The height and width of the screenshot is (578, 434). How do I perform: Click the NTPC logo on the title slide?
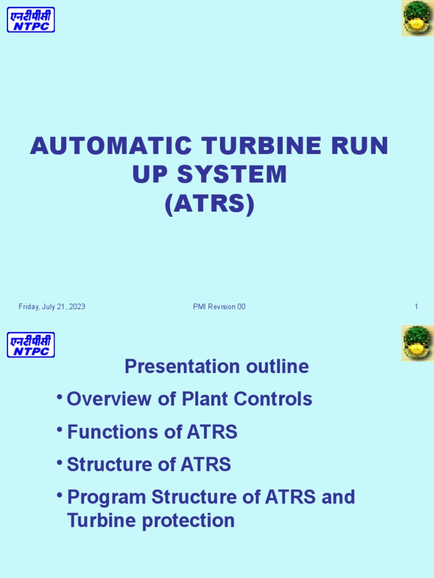pos(31,20)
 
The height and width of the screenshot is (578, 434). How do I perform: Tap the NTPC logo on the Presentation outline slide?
pos(31,345)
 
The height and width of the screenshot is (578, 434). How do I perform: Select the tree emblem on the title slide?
pos(418,18)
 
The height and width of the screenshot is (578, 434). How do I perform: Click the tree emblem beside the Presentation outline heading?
pos(418,343)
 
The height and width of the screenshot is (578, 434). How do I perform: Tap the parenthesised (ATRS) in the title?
pos(210,204)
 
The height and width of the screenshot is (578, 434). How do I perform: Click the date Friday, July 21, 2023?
pos(52,307)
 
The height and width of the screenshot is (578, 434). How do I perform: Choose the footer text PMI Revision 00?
pos(219,307)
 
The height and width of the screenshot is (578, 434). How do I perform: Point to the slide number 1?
pos(416,307)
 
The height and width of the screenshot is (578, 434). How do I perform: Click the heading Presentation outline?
pos(216,366)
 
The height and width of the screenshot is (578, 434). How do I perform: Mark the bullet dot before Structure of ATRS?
pos(59,462)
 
